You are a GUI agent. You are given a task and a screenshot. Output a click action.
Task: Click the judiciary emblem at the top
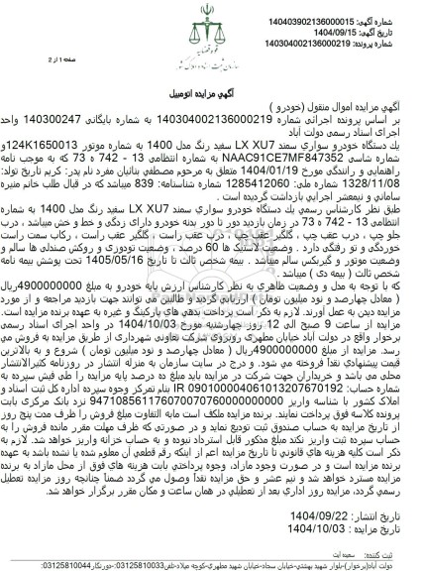(x=213, y=22)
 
